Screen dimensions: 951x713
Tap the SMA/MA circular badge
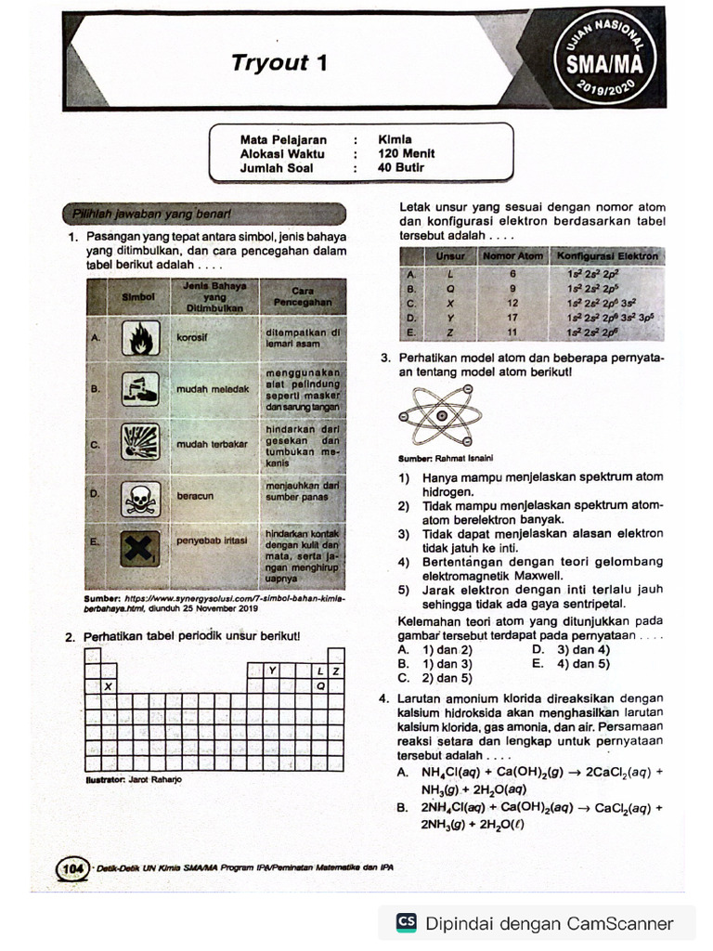[610, 63]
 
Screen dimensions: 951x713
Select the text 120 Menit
[406, 154]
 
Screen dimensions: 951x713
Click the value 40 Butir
[401, 168]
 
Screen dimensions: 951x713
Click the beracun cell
[195, 496]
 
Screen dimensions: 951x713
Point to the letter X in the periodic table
[109, 686]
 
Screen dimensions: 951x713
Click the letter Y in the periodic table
[272, 671]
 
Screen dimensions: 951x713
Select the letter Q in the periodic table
[321, 686]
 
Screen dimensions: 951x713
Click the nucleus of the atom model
[442, 415]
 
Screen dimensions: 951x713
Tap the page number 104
[71, 867]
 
